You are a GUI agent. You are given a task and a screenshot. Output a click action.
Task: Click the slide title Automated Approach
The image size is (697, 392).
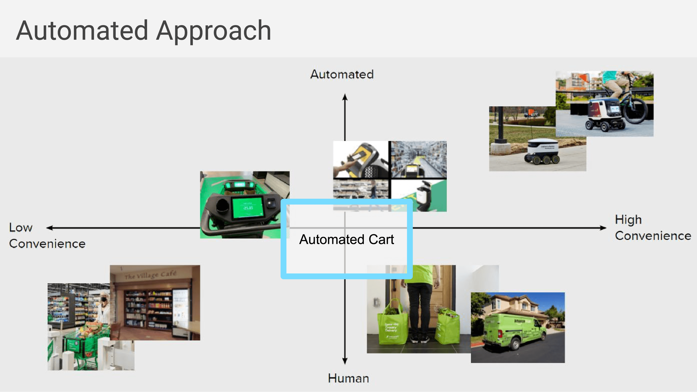pos(143,31)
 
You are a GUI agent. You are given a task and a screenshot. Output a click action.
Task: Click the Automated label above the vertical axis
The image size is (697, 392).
pos(342,74)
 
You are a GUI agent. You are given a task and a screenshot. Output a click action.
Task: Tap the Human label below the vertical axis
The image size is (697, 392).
pos(348,378)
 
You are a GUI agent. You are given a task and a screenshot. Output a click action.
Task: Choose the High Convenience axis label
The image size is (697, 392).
pos(653,228)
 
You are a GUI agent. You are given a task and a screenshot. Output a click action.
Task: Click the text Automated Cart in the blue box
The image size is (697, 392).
pos(346,239)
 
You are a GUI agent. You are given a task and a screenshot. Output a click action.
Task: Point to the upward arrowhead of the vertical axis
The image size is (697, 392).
pos(345,97)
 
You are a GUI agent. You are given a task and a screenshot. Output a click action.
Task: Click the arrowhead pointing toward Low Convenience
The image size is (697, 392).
pos(49,228)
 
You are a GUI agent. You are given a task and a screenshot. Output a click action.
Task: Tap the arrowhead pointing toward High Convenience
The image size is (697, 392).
pos(603,228)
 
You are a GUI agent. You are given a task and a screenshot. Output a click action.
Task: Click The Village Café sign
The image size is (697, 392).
pos(151,275)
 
